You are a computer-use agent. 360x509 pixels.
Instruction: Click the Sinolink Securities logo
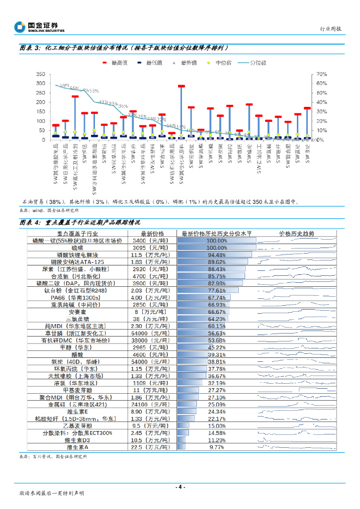(39, 27)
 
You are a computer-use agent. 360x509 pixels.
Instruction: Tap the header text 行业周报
(330, 29)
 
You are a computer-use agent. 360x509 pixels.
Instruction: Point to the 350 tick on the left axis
(41, 74)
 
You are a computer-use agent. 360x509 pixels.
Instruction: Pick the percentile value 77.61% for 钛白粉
(216, 290)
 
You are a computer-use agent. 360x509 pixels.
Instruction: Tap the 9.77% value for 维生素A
(216, 448)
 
